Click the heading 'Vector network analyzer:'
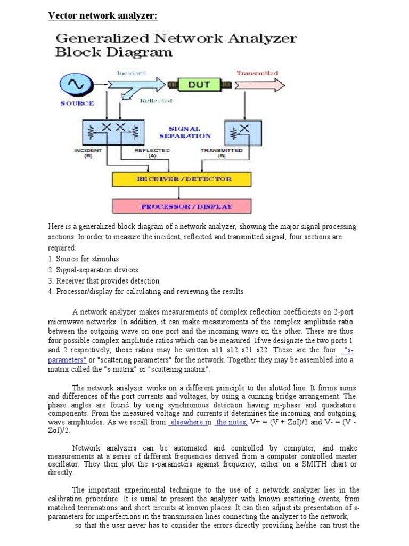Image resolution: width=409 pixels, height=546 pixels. coord(103,15)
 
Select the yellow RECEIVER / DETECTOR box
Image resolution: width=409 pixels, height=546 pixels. coord(187,179)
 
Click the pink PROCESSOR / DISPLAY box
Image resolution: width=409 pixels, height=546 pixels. coord(186,206)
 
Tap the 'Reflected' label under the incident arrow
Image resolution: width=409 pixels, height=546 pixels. coord(156,100)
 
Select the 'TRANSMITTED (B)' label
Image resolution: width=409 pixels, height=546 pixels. coord(222,154)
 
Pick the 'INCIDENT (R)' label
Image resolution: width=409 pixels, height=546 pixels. coord(85,154)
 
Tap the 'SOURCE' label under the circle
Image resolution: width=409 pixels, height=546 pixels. coord(77,103)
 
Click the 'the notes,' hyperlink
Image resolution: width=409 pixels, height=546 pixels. coord(232,422)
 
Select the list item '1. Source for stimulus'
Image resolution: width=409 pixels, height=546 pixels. coord(83,259)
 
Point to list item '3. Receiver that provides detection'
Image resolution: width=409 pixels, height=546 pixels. coord(103,280)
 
